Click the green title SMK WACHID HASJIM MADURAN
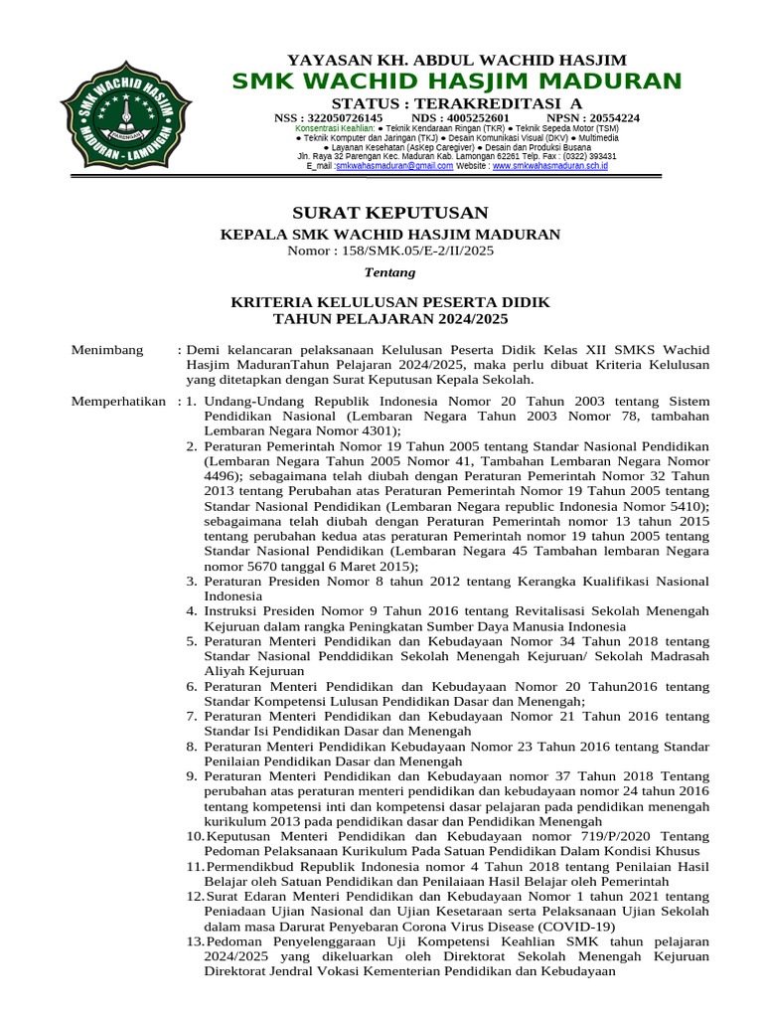(x=457, y=82)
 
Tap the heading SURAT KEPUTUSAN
(x=388, y=213)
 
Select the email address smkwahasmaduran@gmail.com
(x=387, y=166)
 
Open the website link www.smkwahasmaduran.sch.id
(x=549, y=166)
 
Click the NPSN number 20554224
(x=606, y=117)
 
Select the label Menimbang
(x=107, y=350)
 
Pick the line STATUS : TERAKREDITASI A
(x=457, y=103)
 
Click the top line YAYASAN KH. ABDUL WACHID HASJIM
(x=457, y=61)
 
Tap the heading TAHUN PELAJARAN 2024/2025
(x=389, y=318)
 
